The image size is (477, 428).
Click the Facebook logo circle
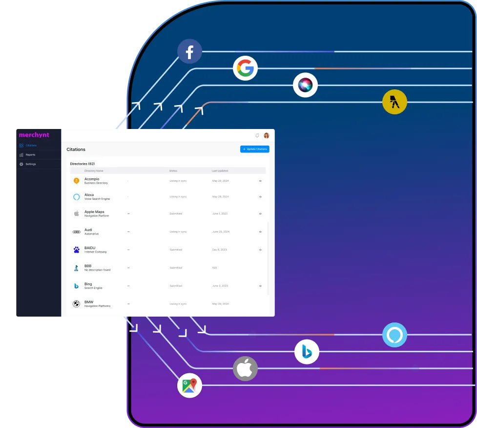189,51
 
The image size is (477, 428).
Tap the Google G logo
245,68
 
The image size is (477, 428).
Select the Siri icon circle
305,85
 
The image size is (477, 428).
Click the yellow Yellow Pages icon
394,102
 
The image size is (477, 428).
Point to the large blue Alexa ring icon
394,335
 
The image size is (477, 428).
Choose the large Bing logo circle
307,352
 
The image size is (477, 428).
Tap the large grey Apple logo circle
245,368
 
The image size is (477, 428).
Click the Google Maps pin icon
189,385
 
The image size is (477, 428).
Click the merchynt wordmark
34,135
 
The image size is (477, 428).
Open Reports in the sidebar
30,155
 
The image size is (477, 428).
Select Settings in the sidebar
31,164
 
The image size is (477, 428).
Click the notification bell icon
257,135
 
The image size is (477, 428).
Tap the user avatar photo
267,135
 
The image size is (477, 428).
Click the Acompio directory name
92,179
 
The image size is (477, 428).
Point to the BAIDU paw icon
77,250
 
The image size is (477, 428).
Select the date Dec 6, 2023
220,250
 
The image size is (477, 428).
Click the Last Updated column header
220,171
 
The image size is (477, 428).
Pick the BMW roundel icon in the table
76,304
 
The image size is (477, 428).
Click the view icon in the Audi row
260,232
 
